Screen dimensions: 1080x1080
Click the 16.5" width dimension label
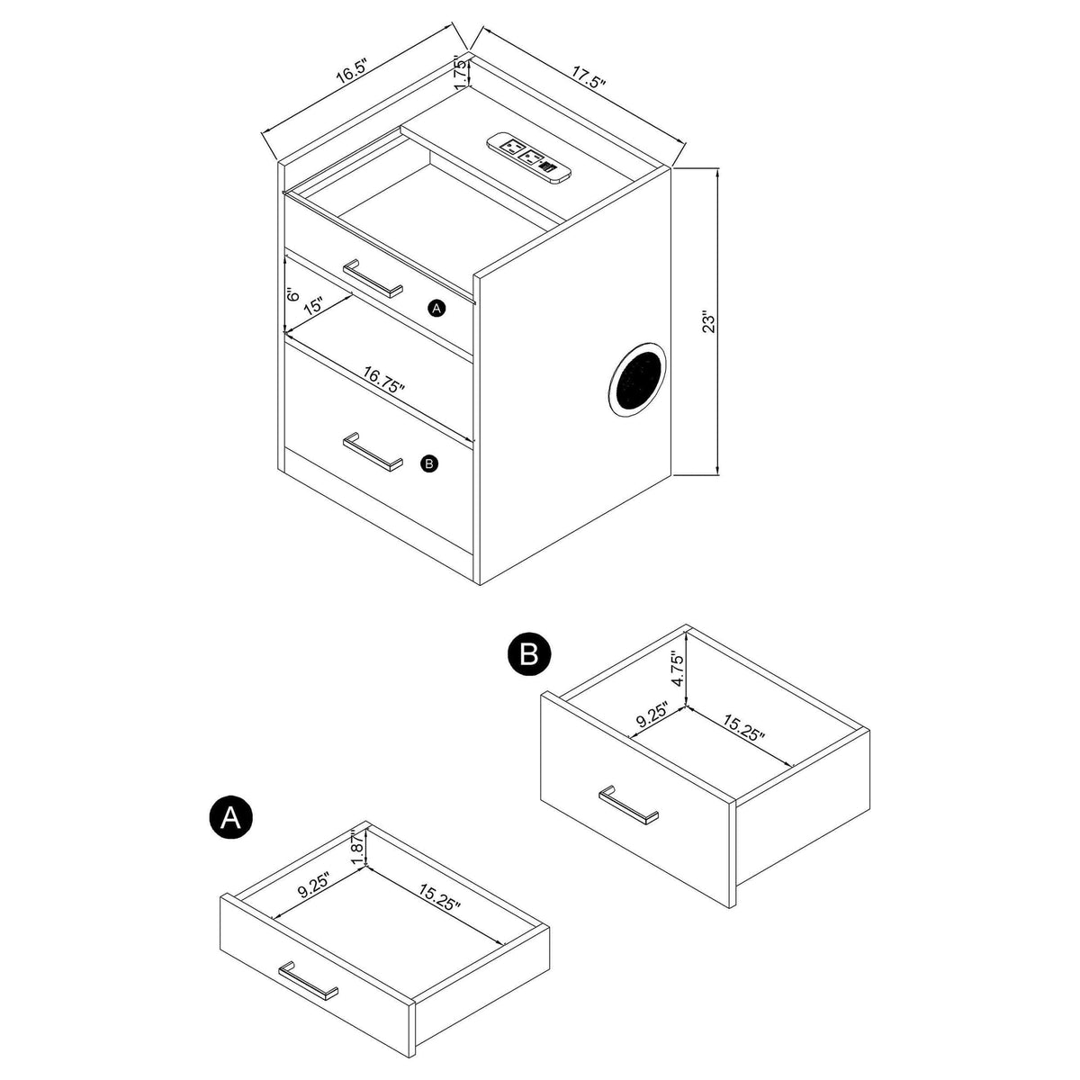point(351,70)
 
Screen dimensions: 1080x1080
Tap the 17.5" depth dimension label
point(589,77)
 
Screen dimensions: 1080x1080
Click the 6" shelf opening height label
point(292,295)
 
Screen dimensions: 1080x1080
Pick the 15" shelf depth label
point(313,306)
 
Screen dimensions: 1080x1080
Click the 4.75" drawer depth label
point(679,668)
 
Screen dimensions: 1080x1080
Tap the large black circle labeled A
point(230,818)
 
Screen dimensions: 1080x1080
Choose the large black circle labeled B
point(529,653)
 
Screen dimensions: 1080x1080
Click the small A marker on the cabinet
point(436,308)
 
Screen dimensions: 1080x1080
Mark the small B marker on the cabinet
point(429,463)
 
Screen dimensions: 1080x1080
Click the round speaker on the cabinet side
point(638,380)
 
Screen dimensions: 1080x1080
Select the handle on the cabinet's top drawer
point(373,278)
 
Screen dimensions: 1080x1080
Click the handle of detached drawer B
point(628,805)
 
